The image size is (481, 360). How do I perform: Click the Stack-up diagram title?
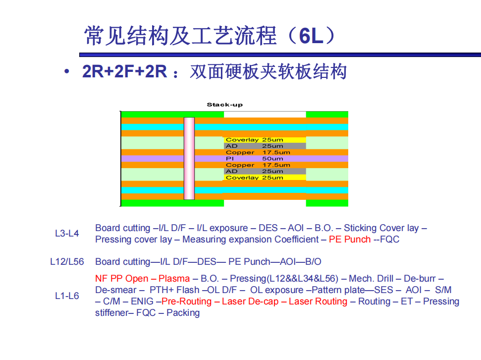(224, 105)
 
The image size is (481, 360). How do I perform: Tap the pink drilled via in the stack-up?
(189, 159)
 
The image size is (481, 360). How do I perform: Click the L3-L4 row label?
(67, 234)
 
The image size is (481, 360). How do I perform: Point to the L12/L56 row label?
(67, 262)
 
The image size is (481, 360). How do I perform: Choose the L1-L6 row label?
(67, 296)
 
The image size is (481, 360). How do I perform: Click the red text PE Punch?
(350, 240)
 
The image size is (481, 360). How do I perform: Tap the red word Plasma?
(174, 279)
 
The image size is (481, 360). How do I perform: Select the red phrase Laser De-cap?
(250, 301)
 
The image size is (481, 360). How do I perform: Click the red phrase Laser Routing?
(318, 301)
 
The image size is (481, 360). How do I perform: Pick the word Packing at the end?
(183, 313)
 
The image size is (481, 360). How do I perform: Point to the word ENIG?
(142, 301)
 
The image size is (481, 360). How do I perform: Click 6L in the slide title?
(311, 36)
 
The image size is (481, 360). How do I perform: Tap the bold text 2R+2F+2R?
(124, 71)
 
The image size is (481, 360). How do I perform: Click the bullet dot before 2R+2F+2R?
(67, 71)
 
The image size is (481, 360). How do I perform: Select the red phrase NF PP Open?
(122, 279)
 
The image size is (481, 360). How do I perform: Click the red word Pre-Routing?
(187, 301)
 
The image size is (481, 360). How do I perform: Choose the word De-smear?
(115, 290)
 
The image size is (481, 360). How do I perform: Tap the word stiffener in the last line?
(111, 313)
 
